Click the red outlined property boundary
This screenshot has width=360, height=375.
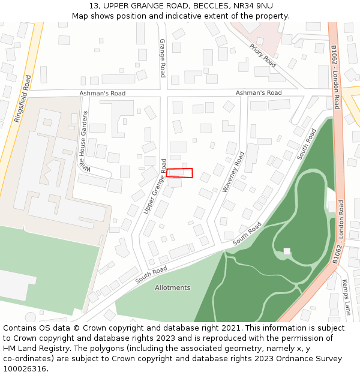point(179,173)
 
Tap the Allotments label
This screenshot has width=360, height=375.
point(172,287)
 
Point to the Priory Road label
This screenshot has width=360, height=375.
point(263,55)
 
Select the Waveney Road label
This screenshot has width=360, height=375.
point(233,172)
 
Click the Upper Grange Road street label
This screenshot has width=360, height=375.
point(155,187)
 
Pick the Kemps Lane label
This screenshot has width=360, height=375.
point(346,297)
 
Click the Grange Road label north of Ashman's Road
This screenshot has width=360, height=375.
point(162,58)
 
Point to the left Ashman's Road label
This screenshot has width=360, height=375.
point(103,93)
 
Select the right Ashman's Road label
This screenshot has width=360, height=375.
point(258,92)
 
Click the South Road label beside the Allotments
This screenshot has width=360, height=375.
point(151,275)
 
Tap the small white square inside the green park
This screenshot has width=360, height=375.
point(287,251)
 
